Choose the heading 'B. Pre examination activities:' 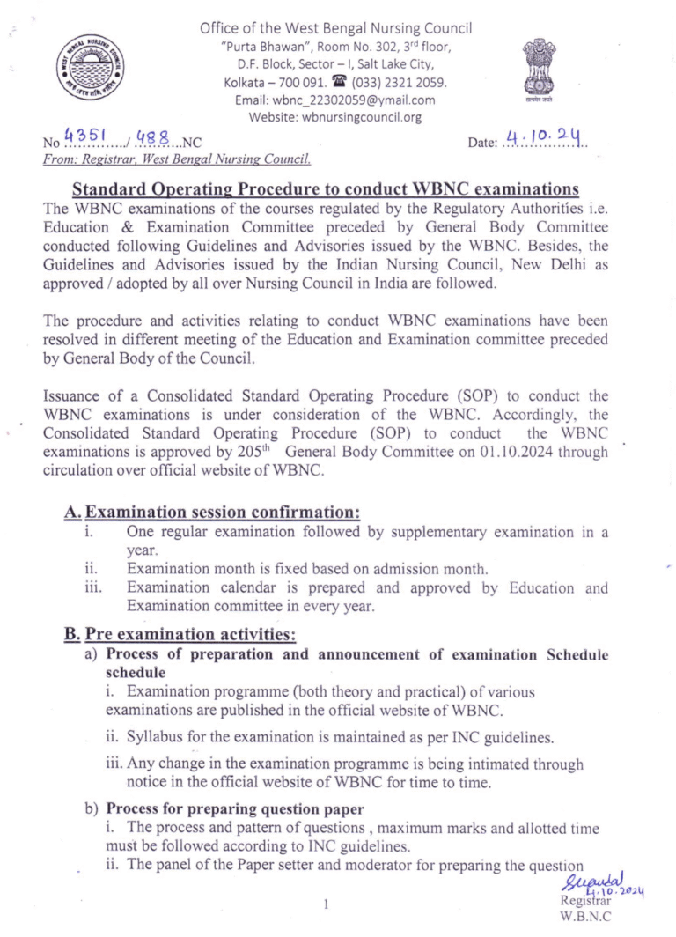[x=180, y=634]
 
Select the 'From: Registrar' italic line [x=177, y=159]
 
